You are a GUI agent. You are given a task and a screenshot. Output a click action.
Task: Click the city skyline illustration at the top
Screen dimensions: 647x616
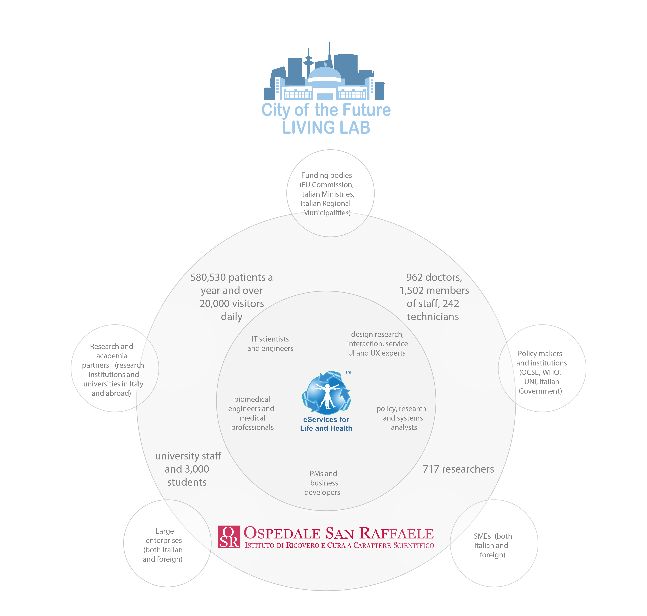pos(324,72)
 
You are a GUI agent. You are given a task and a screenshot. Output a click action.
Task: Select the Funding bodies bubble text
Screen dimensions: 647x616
pos(327,194)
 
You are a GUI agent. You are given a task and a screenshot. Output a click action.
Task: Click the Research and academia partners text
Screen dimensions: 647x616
pos(113,370)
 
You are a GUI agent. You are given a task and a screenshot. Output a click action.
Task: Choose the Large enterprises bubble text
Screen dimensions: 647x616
pos(163,545)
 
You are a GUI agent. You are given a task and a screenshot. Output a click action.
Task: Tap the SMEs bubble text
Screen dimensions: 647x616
pos(492,545)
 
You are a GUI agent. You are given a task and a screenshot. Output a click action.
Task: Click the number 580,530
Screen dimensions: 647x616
pos(212,277)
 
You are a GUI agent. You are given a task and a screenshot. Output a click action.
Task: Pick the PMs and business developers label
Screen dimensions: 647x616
pos(323,483)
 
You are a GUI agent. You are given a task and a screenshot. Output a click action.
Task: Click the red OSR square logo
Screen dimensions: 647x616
pos(229,537)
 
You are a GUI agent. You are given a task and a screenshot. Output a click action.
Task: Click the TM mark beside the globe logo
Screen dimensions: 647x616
pos(348,372)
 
